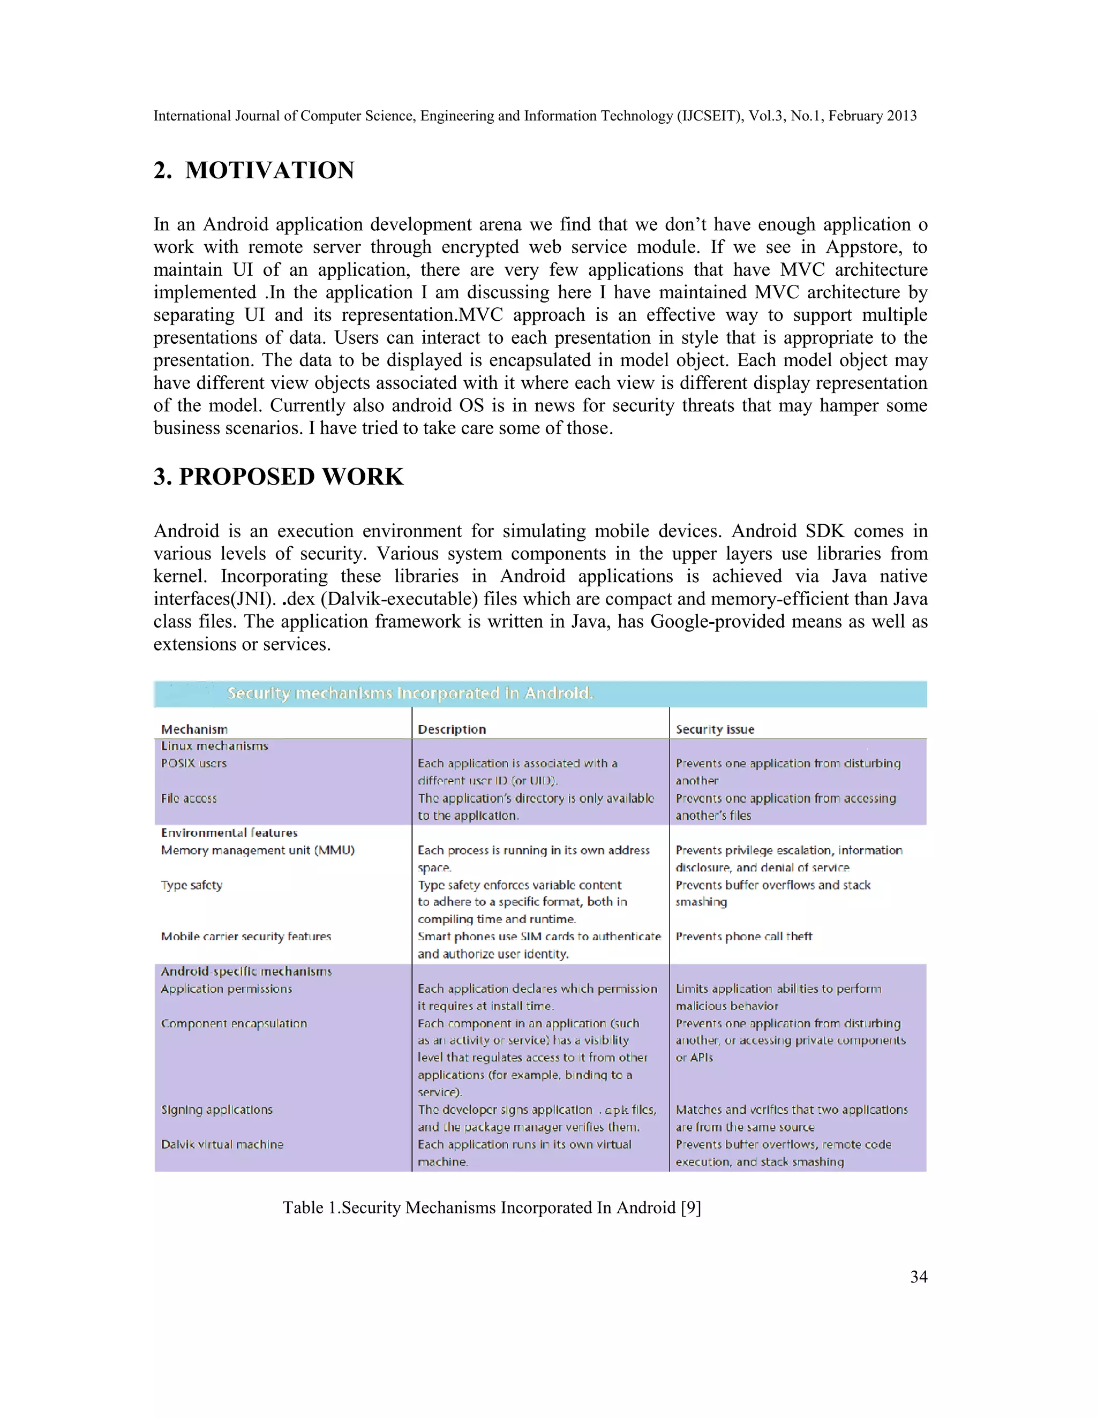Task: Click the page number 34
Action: pos(918,1277)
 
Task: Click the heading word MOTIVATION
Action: pos(270,170)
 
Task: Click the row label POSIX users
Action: pos(194,764)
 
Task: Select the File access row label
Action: pos(189,798)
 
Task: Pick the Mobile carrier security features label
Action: pos(246,936)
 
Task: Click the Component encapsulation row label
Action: pos(234,1023)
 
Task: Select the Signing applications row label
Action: pos(216,1109)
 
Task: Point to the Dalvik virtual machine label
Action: pos(222,1144)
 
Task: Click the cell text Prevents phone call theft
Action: pos(743,936)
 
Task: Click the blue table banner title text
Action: pos(410,693)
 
